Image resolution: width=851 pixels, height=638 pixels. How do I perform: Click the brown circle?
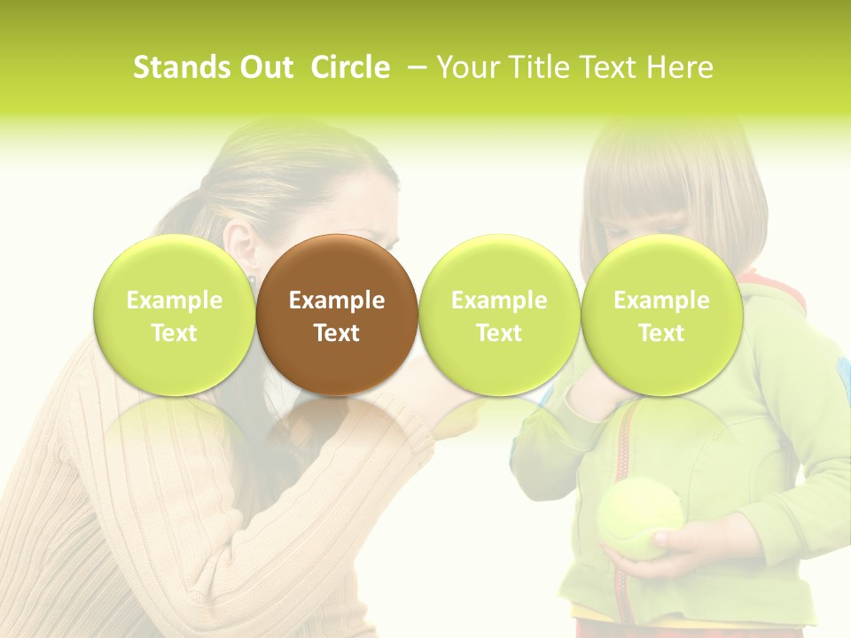337,315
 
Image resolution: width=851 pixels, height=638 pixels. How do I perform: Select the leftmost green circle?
175,315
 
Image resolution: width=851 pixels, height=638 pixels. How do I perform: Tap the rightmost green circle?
661,315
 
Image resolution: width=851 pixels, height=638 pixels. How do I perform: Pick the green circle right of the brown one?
499,315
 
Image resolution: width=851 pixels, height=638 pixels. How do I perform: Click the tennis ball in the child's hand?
640,518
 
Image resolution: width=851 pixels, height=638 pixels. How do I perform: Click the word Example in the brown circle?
337,300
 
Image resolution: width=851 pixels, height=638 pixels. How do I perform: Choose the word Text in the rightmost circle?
661,333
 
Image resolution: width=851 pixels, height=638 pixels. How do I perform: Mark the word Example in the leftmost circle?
175,300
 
